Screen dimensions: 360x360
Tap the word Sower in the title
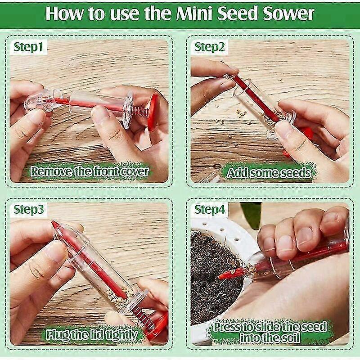[288, 13]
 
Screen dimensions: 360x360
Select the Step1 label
[28, 47]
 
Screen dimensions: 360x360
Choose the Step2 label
[209, 47]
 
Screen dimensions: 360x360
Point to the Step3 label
[28, 209]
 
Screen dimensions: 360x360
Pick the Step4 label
[209, 209]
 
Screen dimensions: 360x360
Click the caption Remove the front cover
[90, 171]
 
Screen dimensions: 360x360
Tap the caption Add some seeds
[268, 173]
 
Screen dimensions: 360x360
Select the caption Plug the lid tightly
[92, 335]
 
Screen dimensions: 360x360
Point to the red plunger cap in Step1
[153, 112]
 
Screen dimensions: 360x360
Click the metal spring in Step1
[140, 111]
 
